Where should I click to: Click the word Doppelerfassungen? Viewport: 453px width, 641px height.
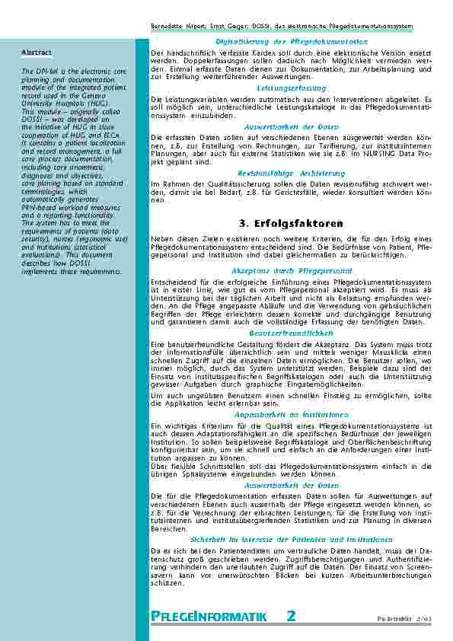pyautogui.click(x=199, y=59)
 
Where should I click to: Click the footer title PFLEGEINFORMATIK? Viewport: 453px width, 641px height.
pyautogui.click(x=208, y=616)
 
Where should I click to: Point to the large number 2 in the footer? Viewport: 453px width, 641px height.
pyautogui.click(x=291, y=615)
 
